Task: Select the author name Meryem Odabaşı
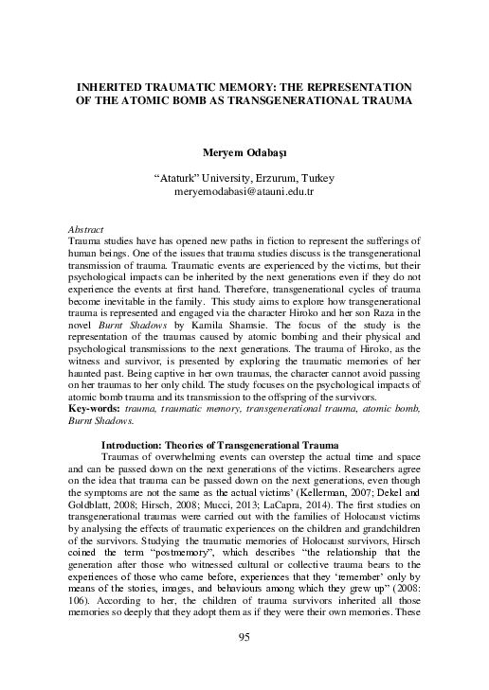point(244,151)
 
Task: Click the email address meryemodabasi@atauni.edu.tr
point(244,191)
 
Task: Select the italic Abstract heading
point(88,230)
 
